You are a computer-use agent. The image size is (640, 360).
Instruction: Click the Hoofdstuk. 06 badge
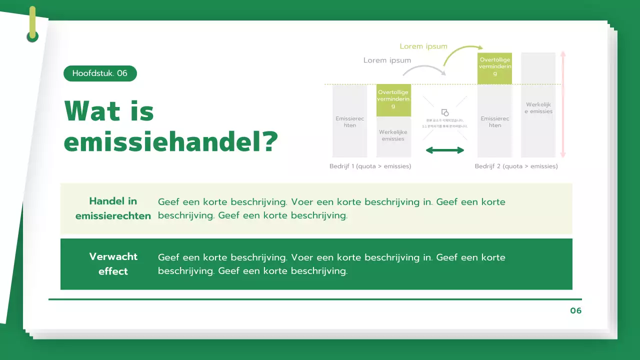tap(100, 73)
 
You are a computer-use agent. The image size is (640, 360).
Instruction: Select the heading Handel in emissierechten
tap(113, 208)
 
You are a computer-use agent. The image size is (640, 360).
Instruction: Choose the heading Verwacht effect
tap(113, 264)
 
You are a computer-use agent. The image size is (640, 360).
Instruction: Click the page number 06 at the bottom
tap(576, 311)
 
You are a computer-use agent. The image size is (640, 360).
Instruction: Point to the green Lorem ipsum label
tap(423, 46)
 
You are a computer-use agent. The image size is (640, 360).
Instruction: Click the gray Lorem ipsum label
tap(387, 60)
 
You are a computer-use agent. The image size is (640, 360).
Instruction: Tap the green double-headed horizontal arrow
tap(445, 150)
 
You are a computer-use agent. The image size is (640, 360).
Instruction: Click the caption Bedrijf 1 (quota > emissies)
tap(370, 166)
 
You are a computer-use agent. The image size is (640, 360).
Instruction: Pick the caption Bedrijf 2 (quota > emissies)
tap(516, 166)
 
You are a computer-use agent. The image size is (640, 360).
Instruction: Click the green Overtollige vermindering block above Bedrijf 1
tap(393, 100)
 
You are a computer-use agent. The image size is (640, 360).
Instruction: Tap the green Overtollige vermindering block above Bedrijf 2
tap(495, 68)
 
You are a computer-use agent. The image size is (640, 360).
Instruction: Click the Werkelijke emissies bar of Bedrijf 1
tap(393, 136)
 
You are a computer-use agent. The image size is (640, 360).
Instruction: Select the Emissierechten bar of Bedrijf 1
tap(350, 122)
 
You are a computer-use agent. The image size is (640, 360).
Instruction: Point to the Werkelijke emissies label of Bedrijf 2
tap(538, 108)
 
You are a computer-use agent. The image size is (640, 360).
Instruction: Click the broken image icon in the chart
tap(445, 113)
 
